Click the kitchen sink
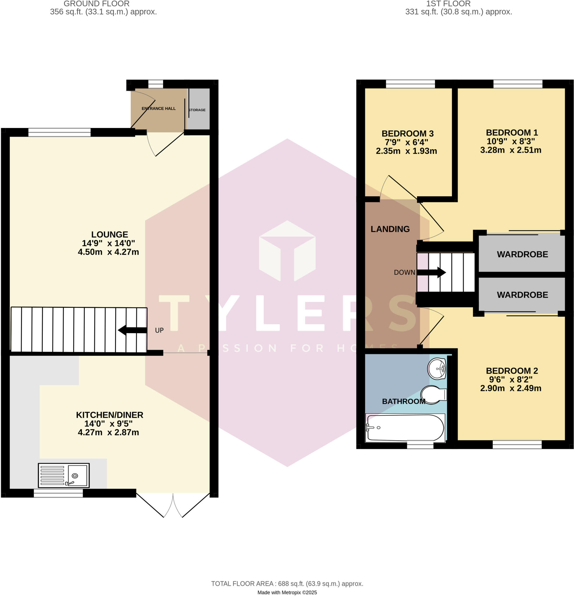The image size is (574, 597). pyautogui.click(x=64, y=475)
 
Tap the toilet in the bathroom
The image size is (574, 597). pyautogui.click(x=433, y=395)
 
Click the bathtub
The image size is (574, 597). pyautogui.click(x=405, y=428)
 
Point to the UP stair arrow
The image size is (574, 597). pyautogui.click(x=132, y=330)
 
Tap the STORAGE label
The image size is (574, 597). pyautogui.click(x=197, y=110)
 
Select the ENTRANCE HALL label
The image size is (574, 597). pyautogui.click(x=158, y=108)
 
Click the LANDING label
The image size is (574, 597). pyautogui.click(x=390, y=229)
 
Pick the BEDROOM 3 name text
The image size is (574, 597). pyautogui.click(x=407, y=134)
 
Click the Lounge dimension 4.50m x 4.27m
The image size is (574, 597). pyautogui.click(x=108, y=252)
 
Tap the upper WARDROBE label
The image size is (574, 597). pyautogui.click(x=522, y=254)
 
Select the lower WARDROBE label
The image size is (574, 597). pyautogui.click(x=522, y=294)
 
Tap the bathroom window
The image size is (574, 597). pyautogui.click(x=420, y=446)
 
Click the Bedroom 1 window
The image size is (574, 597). pyautogui.click(x=518, y=84)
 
